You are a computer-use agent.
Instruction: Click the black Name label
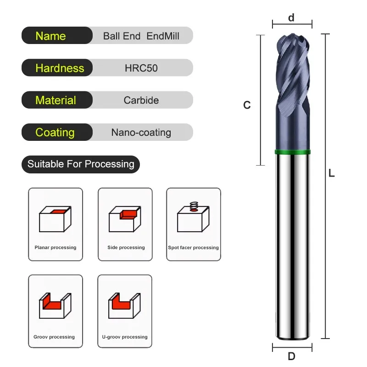pyautogui.click(x=51, y=36)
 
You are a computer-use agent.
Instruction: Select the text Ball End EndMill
pyautogui.click(x=141, y=36)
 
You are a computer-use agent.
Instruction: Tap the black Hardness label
pyautogui.click(x=60, y=68)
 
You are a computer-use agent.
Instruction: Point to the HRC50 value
pyautogui.click(x=141, y=68)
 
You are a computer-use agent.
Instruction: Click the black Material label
pyautogui.click(x=56, y=100)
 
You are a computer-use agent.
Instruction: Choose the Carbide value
pyautogui.click(x=141, y=100)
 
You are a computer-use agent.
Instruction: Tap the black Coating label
pyautogui.click(x=55, y=132)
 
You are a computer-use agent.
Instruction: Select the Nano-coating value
pyautogui.click(x=141, y=133)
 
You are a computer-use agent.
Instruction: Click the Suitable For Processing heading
pyautogui.click(x=81, y=164)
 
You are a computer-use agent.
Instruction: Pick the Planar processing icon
pyautogui.click(x=55, y=220)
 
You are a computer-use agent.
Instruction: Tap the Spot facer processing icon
pyautogui.click(x=194, y=218)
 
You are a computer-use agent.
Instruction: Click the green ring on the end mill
pyautogui.click(x=292, y=152)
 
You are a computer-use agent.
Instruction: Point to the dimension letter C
pyautogui.click(x=247, y=105)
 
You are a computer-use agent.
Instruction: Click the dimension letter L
pyautogui.click(x=332, y=173)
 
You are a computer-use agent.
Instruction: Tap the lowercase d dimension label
pyautogui.click(x=291, y=18)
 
